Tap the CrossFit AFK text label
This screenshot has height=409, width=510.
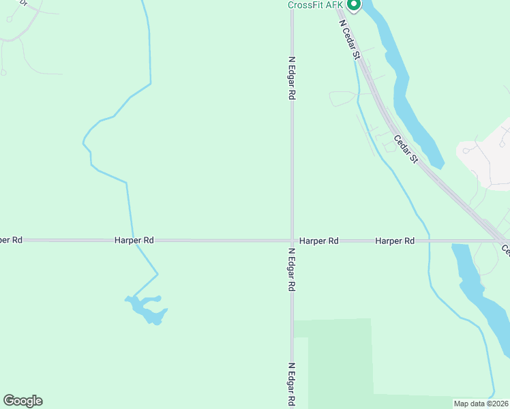[x=316, y=5]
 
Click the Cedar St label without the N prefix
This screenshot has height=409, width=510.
[x=405, y=149]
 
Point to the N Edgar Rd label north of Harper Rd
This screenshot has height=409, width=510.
[x=292, y=78]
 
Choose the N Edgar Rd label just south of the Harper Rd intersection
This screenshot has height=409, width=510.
[x=292, y=270]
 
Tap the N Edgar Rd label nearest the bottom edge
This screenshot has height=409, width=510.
[x=292, y=385]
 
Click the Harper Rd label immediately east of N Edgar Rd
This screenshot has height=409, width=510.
[x=319, y=241]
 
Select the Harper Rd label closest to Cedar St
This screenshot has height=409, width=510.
[x=395, y=241]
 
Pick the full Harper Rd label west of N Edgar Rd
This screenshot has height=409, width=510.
[x=134, y=241]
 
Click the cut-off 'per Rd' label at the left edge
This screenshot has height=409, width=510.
[x=11, y=240]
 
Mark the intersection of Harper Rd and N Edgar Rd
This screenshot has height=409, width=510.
[x=292, y=241]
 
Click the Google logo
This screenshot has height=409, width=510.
[x=22, y=401]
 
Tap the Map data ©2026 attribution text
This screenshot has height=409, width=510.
[x=481, y=404]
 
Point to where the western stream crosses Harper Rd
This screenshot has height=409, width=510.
[x=134, y=241]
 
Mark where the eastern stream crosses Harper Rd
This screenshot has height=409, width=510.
[x=429, y=241]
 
